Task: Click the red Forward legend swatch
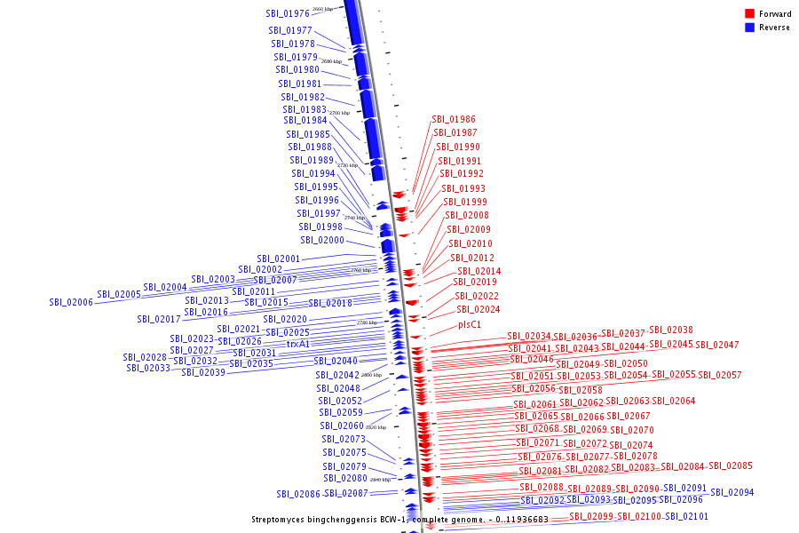(x=749, y=13)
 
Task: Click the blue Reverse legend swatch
(x=749, y=27)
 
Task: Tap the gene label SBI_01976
(x=288, y=13)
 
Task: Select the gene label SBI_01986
(x=454, y=119)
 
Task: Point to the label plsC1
(x=470, y=324)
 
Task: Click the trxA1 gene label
(x=298, y=344)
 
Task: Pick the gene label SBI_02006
(x=71, y=303)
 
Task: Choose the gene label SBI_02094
(x=732, y=492)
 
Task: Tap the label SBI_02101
(x=688, y=516)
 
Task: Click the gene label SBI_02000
(x=322, y=240)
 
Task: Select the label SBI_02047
(x=717, y=345)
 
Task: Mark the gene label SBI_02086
(x=298, y=494)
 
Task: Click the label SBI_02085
(x=730, y=465)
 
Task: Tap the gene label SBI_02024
(x=479, y=309)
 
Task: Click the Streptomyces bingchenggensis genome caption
(x=399, y=519)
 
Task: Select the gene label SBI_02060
(x=342, y=426)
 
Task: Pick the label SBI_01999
(x=465, y=202)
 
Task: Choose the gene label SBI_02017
(x=159, y=319)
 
